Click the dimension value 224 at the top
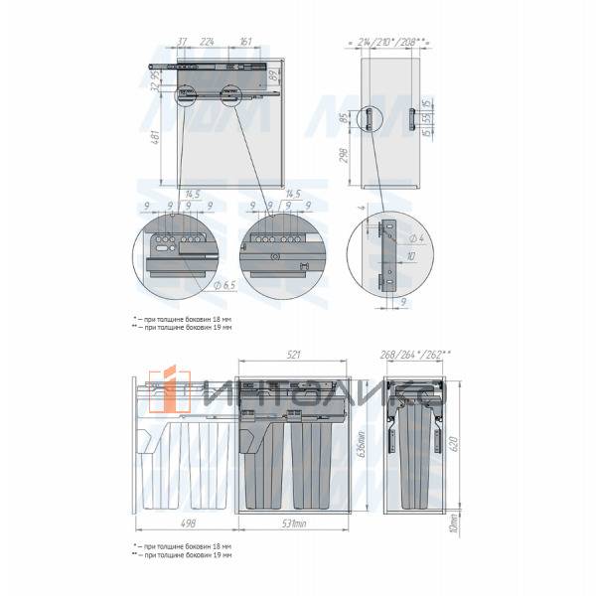[207, 43]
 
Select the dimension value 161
[245, 43]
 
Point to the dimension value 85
[344, 120]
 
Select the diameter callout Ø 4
[418, 239]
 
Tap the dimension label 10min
[453, 521]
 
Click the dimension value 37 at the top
[183, 43]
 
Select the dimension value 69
[271, 74]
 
